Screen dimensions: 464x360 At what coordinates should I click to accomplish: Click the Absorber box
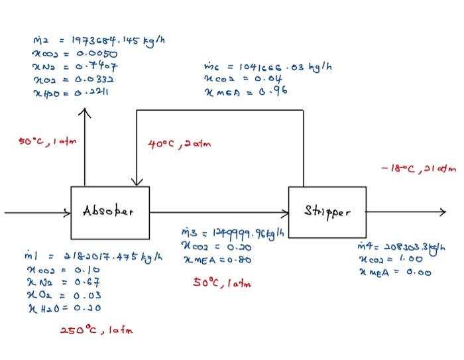[110, 213]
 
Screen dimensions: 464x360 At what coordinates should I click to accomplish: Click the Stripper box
[327, 213]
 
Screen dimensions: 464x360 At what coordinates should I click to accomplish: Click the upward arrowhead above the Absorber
[85, 113]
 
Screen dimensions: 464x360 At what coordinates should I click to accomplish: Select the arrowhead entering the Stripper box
[286, 213]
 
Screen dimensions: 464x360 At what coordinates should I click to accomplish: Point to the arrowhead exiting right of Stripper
[443, 213]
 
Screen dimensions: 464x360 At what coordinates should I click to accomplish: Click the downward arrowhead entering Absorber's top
[137, 182]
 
